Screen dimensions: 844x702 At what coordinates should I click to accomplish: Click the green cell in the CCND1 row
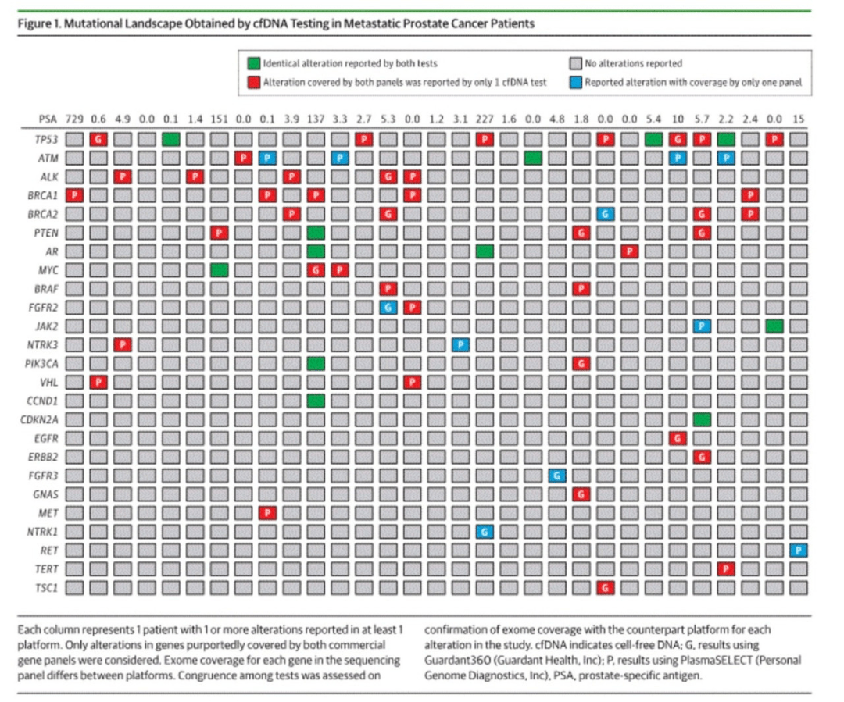tap(316, 401)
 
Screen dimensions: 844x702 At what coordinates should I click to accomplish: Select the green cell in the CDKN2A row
tap(702, 419)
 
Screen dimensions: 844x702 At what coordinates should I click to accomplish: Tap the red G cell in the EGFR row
tap(678, 438)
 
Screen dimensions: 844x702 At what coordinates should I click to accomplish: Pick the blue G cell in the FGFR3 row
tap(557, 476)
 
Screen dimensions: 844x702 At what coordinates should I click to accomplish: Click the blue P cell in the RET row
tap(798, 551)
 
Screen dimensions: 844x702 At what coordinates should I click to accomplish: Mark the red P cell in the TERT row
tap(726, 569)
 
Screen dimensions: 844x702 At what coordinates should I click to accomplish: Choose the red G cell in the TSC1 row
tap(606, 588)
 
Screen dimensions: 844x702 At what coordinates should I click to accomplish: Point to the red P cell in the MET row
tap(267, 513)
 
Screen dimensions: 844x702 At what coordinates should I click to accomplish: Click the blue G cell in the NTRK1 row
tap(485, 532)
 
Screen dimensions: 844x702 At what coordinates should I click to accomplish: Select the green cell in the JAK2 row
tap(774, 326)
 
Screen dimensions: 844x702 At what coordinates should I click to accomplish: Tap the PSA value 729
tap(74, 119)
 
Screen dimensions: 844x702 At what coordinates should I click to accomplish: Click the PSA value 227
tap(485, 119)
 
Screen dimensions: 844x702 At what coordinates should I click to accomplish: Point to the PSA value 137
tap(316, 119)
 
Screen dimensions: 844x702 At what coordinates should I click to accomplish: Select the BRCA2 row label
tap(42, 214)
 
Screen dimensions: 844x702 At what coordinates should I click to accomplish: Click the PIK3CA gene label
tap(41, 364)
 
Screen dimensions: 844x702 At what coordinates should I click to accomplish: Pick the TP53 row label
tap(46, 139)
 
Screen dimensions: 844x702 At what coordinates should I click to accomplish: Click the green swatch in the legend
tap(253, 63)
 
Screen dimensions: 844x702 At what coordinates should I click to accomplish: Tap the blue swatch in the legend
tap(575, 82)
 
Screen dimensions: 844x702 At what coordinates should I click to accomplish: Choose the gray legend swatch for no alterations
tap(575, 63)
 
